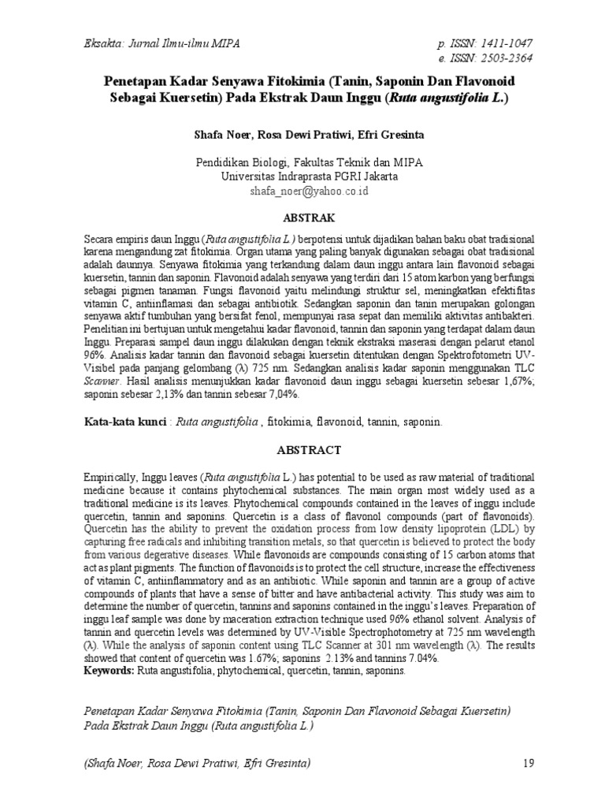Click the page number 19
pyautogui.click(x=528, y=763)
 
